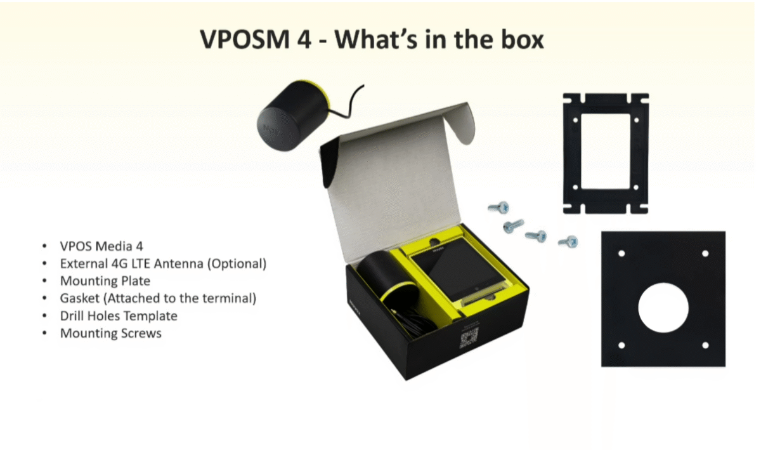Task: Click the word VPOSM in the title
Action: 245,40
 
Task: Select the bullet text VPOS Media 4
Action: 101,246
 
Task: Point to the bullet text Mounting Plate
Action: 105,281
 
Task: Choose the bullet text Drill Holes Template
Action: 119,316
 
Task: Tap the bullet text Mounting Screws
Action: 111,333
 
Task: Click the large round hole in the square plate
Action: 663,307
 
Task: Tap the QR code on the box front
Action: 469,338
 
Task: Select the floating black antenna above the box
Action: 293,115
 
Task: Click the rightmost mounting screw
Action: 568,242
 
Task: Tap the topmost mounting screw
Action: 498,207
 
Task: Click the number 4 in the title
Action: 304,40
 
